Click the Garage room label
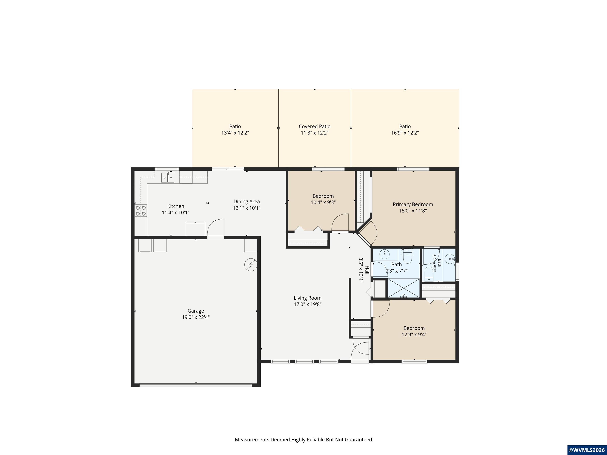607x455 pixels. click(x=196, y=311)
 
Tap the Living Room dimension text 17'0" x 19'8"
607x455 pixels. click(x=308, y=304)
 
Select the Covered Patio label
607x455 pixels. click(x=315, y=126)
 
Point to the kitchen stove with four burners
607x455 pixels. click(x=141, y=211)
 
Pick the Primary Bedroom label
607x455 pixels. click(x=413, y=204)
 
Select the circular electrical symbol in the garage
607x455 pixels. click(x=251, y=265)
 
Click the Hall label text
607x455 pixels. click(x=367, y=270)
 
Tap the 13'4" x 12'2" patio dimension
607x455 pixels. click(x=235, y=133)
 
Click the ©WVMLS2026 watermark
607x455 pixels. click(x=587, y=450)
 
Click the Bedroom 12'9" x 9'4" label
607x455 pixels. click(x=414, y=331)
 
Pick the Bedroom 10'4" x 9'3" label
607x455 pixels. click(x=323, y=199)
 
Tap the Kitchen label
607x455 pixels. click(x=176, y=206)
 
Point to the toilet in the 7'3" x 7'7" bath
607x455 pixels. click(x=407, y=257)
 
